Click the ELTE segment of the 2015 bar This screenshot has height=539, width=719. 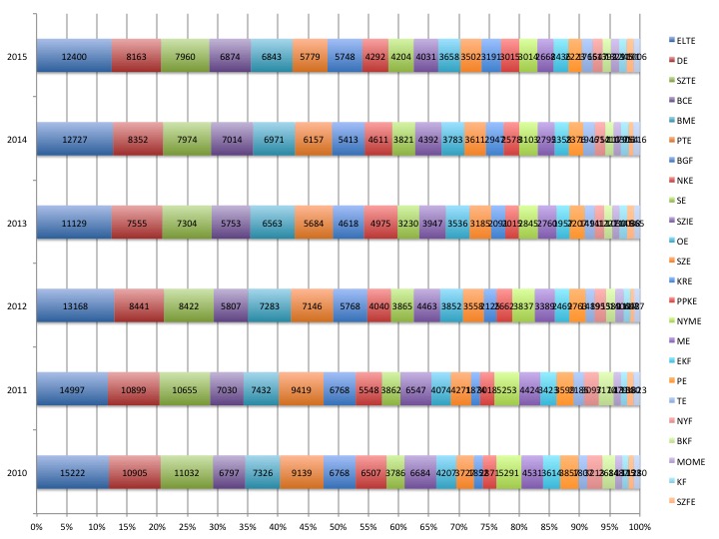point(74,57)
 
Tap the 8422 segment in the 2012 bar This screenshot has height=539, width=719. point(188,305)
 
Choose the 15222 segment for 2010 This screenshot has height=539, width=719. point(73,471)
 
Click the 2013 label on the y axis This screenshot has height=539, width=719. point(17,223)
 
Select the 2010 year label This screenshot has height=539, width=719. point(17,471)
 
